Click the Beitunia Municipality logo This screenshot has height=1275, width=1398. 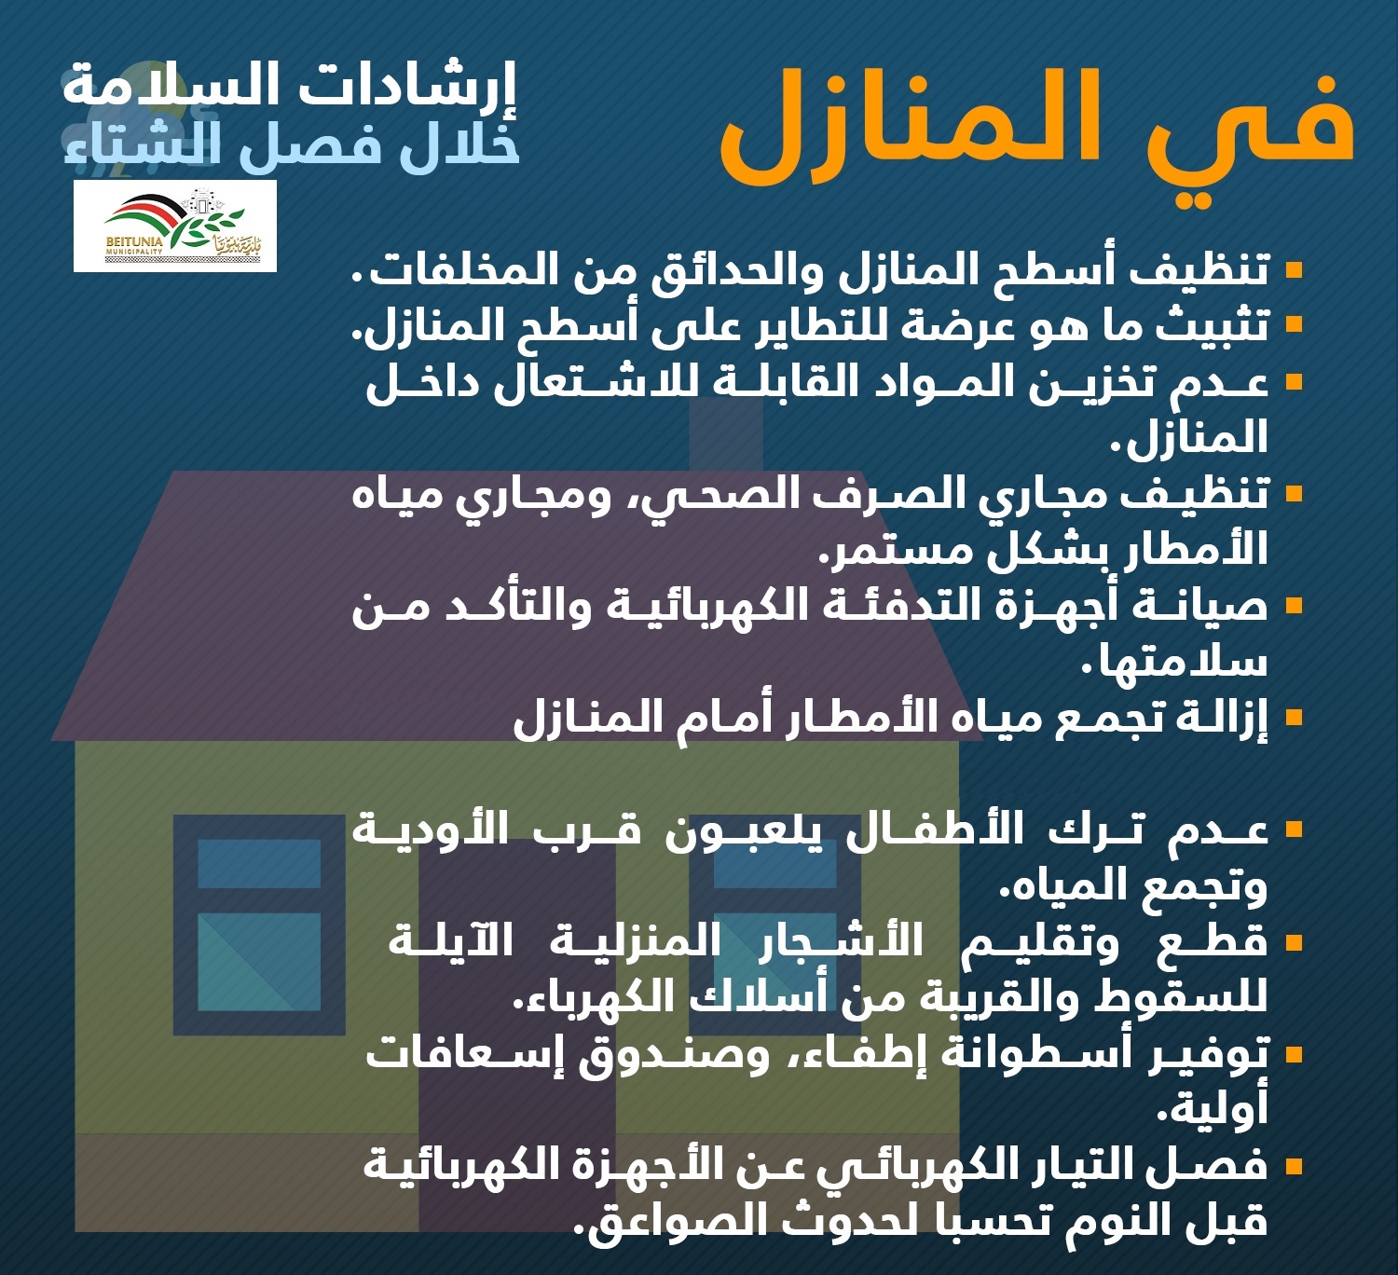point(175,226)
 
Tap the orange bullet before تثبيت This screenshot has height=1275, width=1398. point(1295,325)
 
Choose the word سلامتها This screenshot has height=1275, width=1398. point(1174,662)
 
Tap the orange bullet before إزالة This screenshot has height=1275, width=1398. point(1295,718)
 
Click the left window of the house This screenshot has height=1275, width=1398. point(259,925)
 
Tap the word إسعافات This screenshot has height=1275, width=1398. point(459,1055)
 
